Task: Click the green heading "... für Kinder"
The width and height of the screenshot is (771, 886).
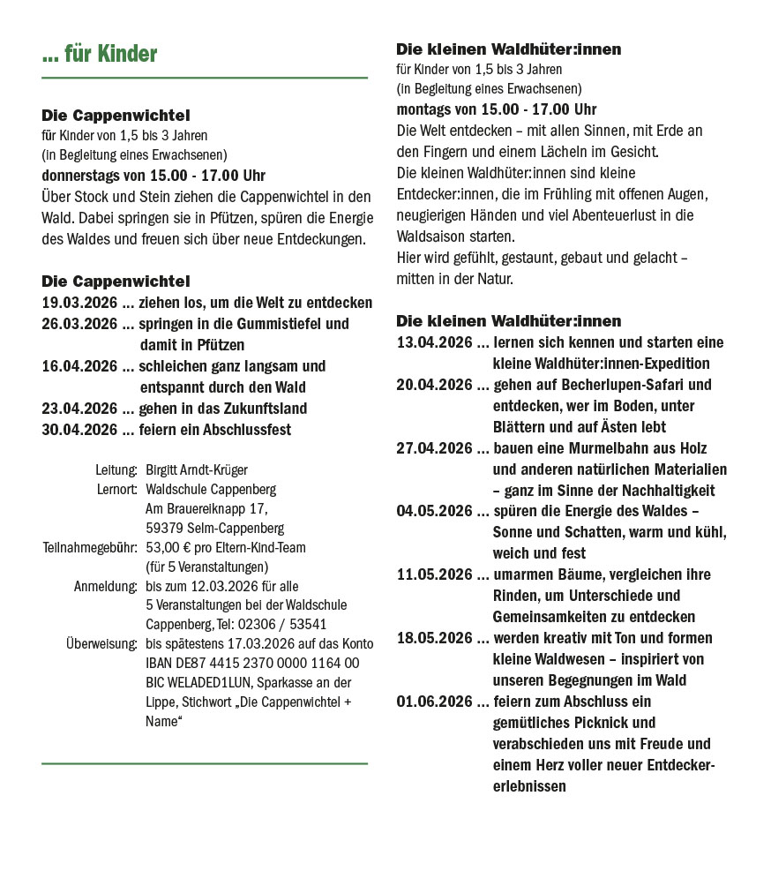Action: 99,55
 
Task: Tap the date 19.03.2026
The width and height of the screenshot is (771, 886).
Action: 79,303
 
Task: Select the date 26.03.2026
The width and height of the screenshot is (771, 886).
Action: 79,324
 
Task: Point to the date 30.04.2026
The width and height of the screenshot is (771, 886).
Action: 79,430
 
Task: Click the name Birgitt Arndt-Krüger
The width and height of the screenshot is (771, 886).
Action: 197,469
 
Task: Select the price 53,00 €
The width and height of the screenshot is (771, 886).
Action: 168,547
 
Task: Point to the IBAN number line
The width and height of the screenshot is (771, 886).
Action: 251,663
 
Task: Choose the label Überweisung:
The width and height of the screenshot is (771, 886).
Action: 101,643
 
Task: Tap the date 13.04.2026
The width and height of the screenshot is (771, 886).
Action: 434,342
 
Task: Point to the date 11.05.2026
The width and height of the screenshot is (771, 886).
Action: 434,574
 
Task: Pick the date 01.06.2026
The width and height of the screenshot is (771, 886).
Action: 434,702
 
